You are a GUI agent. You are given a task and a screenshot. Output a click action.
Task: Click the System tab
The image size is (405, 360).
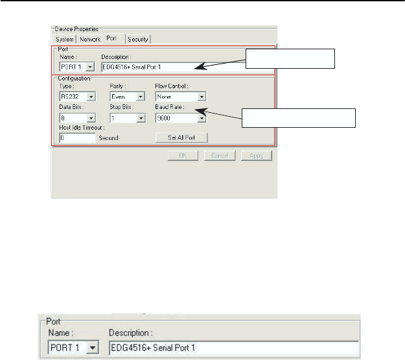[x=65, y=39]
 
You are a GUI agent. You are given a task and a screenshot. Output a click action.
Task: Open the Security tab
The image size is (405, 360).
[x=138, y=39]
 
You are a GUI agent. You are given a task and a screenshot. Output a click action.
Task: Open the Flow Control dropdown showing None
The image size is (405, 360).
[x=180, y=97]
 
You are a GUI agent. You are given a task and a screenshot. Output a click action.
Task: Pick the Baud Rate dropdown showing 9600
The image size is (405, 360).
[x=180, y=118]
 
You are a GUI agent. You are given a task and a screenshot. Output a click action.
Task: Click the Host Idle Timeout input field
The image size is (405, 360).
[x=76, y=138]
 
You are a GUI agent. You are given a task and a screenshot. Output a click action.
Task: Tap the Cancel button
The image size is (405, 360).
[x=219, y=156]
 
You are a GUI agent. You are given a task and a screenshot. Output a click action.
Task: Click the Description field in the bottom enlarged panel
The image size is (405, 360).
[x=233, y=348]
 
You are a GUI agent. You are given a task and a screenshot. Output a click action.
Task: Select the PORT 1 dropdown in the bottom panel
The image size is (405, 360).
[x=74, y=348]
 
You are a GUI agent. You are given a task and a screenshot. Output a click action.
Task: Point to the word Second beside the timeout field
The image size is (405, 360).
[x=108, y=138]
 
